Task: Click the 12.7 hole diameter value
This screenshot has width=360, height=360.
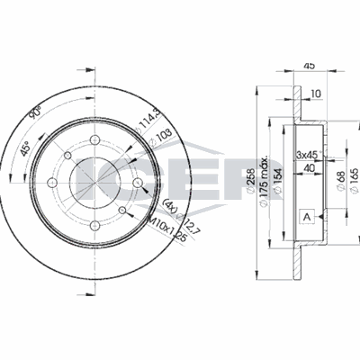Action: click(184, 220)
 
